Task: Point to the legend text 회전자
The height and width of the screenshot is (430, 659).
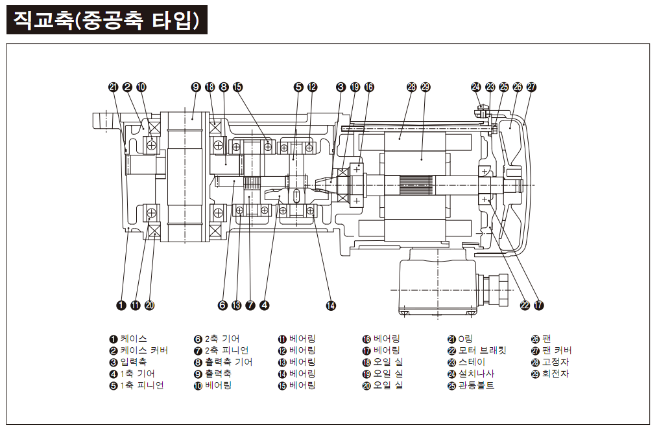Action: point(556,374)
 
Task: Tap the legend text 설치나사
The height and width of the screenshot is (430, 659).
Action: point(476,374)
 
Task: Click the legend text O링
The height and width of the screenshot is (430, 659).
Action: point(465,339)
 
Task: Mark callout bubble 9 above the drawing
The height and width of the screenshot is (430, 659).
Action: point(196,87)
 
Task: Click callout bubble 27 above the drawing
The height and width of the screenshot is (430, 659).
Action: point(532,87)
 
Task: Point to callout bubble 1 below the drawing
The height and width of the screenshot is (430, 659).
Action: point(121,305)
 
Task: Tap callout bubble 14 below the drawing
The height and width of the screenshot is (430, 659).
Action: point(331,305)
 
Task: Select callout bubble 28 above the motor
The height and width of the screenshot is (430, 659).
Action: point(411,87)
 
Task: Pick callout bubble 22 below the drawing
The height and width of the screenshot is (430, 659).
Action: point(525,305)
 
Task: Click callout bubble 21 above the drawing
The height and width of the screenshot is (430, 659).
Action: point(114,87)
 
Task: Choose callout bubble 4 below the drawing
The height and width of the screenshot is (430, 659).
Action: point(264,305)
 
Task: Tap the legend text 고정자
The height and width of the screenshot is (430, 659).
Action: point(556,362)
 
